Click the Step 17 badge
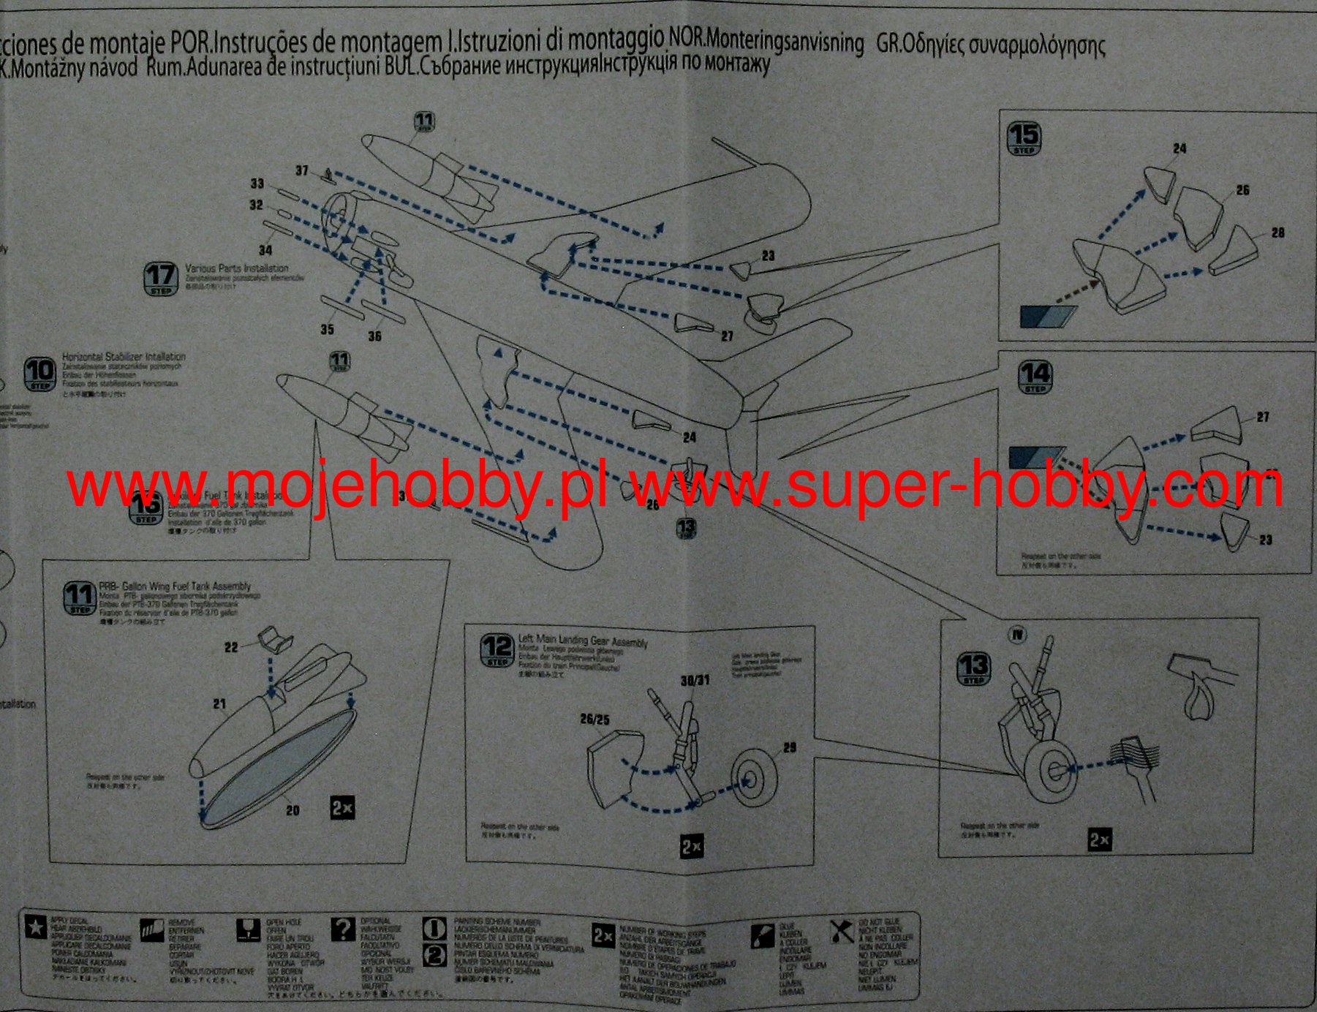click(x=161, y=279)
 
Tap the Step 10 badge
click(x=39, y=373)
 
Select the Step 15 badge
click(x=1024, y=137)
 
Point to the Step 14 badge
click(x=1035, y=377)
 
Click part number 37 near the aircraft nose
click(x=302, y=170)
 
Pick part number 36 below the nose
click(x=374, y=336)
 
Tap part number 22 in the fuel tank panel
click(x=231, y=647)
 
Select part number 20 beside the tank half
click(x=293, y=810)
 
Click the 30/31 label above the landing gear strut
click(x=695, y=680)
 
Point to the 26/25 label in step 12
click(x=595, y=720)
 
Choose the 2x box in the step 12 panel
click(x=692, y=847)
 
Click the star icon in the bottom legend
click(x=35, y=927)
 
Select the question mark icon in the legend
click(x=342, y=929)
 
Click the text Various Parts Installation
click(x=236, y=268)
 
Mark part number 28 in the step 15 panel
click(x=1278, y=233)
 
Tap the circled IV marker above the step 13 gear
click(x=1017, y=634)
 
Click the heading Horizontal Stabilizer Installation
click(x=124, y=357)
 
